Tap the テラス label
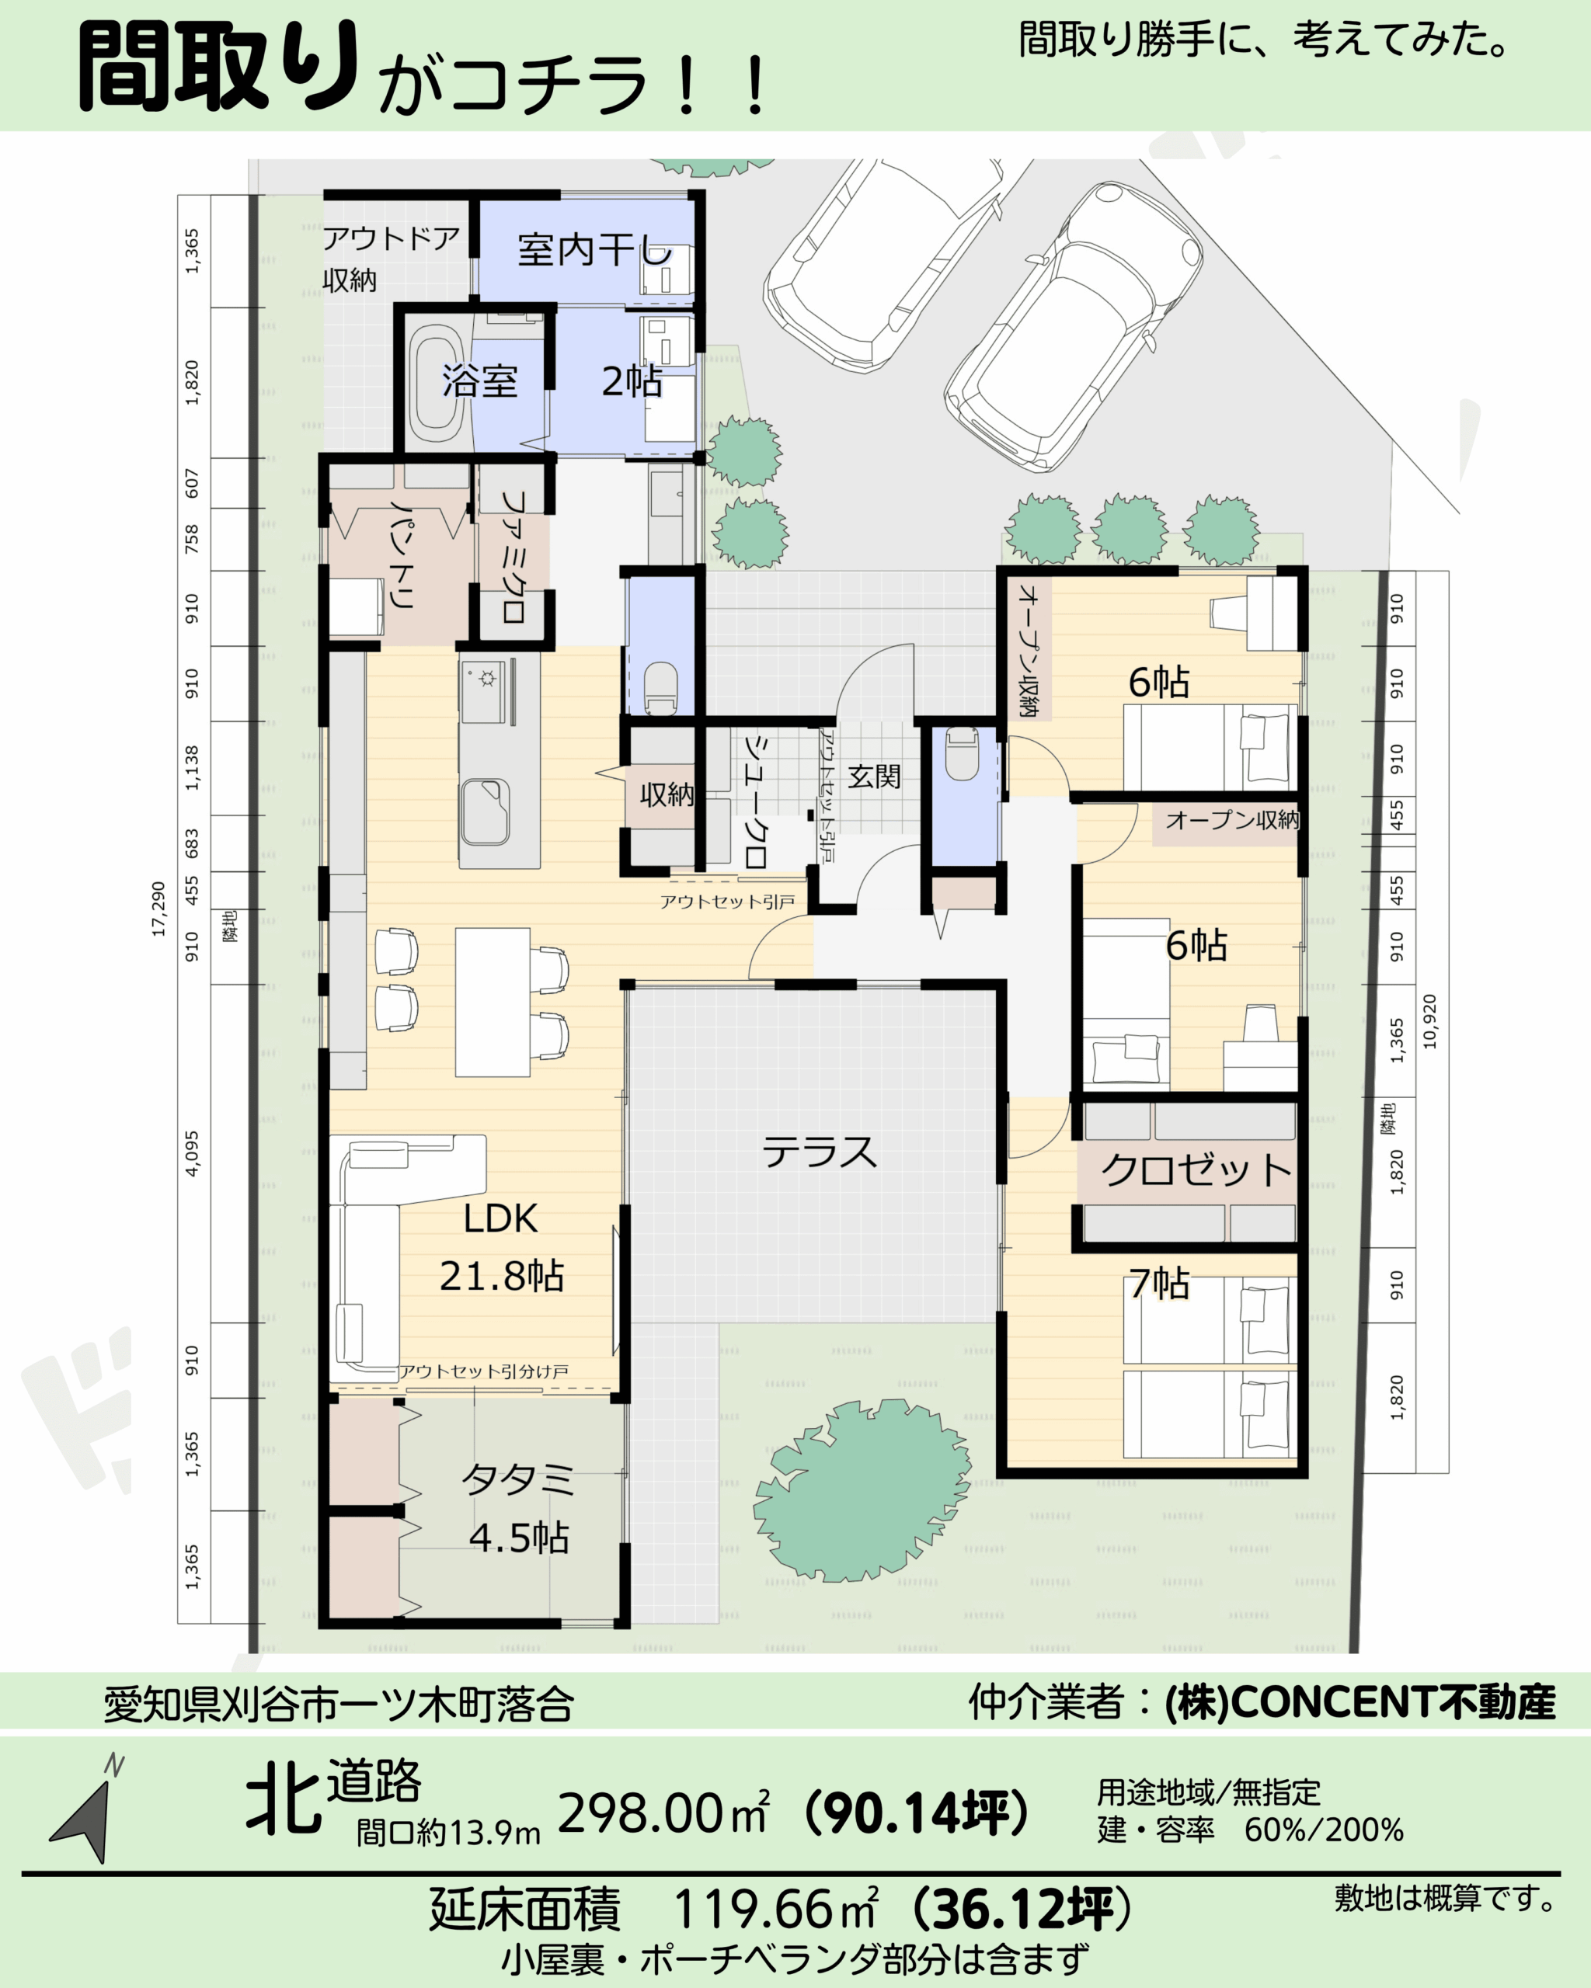[x=819, y=1152]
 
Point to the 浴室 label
[x=479, y=381]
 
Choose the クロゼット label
[x=1196, y=1170]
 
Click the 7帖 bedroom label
[x=1159, y=1283]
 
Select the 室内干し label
[x=595, y=250]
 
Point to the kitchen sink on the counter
[x=485, y=812]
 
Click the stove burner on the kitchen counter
[x=486, y=679]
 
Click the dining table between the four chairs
[x=493, y=1003]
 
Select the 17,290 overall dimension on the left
[x=158, y=909]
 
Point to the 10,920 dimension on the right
[x=1429, y=1020]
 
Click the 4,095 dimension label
[x=192, y=1153]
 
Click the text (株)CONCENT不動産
[x=1360, y=1702]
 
